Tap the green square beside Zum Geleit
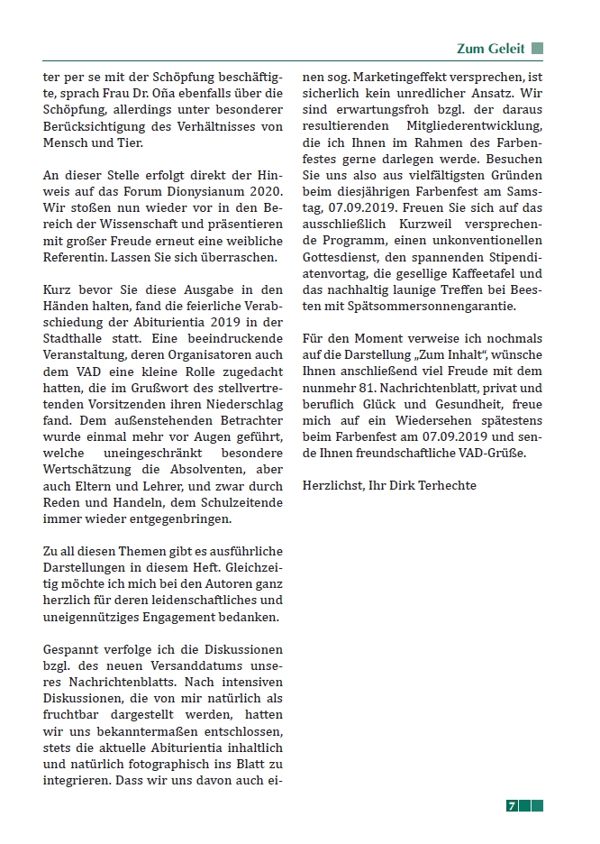click(x=538, y=49)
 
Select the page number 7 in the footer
click(x=511, y=806)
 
